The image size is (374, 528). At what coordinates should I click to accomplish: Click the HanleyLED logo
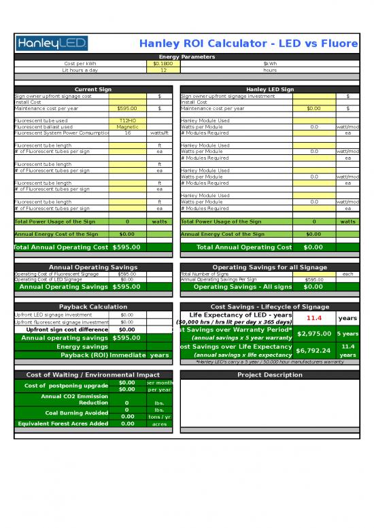[x=51, y=44]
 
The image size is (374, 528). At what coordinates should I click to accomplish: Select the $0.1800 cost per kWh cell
[x=163, y=63]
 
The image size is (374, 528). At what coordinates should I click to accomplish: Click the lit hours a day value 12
[x=163, y=70]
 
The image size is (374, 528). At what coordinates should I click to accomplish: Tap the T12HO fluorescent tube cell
[x=127, y=120]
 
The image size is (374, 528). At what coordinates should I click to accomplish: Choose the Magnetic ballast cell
[x=127, y=126]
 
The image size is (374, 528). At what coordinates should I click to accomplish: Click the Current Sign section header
[x=93, y=90]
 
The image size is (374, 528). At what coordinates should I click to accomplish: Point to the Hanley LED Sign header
[x=270, y=90]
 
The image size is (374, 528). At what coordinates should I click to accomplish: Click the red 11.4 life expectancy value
[x=314, y=318]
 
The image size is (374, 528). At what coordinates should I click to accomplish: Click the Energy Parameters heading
[x=186, y=57]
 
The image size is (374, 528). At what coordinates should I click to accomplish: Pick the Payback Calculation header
[x=93, y=307]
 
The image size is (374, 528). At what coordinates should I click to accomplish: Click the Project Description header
[x=270, y=375]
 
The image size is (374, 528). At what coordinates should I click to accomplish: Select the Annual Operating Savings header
[x=93, y=267]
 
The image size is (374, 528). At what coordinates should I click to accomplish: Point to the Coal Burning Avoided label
[x=67, y=413]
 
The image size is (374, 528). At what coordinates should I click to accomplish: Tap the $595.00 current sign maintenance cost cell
[x=127, y=108]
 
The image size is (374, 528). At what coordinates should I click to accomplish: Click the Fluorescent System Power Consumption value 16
[x=127, y=133]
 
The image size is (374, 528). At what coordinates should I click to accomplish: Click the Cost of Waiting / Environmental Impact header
[x=93, y=375]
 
